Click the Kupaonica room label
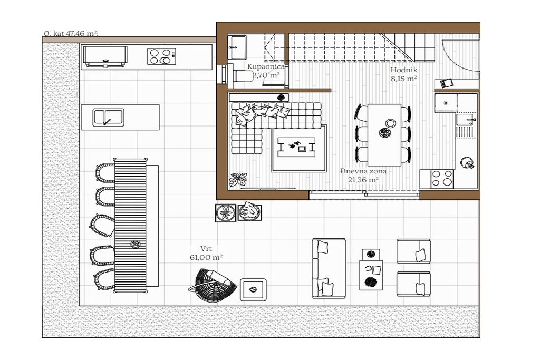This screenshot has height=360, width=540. tap(266, 67)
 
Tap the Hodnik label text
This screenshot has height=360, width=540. tap(403, 70)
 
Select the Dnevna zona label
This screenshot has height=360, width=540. tap(363, 171)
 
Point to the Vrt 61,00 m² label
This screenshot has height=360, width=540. tap(206, 253)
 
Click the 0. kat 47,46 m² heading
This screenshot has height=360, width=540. tap(71, 34)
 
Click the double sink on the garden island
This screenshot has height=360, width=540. tap(108, 118)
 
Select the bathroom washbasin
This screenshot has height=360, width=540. tap(237, 47)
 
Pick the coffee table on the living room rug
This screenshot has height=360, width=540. tap(296, 147)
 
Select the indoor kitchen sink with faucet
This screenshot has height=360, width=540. tap(466, 120)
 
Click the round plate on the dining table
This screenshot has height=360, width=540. tap(390, 123)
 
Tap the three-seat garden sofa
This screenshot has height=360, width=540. tap(329, 268)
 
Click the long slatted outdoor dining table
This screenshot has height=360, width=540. tap(130, 226)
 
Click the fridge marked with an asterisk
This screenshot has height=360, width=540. tap(446, 103)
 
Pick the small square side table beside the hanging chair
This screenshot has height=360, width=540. tap(253, 289)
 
